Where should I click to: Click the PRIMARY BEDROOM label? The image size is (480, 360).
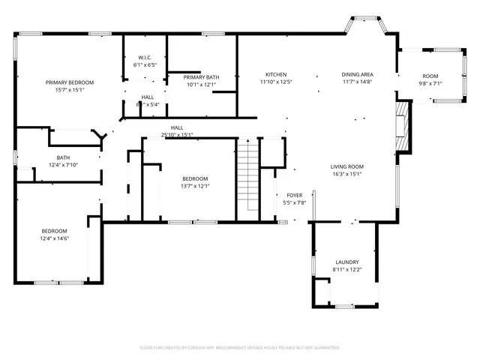(x=70, y=82)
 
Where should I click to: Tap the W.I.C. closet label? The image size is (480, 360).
(x=145, y=58)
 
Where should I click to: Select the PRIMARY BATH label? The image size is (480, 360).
(x=201, y=77)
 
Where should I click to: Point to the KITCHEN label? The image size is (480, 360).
(x=276, y=74)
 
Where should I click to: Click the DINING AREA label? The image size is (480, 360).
(x=358, y=74)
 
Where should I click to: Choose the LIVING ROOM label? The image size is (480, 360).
(x=347, y=166)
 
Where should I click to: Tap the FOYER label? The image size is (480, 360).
(x=295, y=195)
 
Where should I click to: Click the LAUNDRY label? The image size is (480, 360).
(x=347, y=262)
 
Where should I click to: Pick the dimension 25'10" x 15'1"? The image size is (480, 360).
(x=177, y=135)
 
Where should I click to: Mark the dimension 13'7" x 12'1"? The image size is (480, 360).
(x=196, y=186)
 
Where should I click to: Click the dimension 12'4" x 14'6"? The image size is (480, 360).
(x=54, y=238)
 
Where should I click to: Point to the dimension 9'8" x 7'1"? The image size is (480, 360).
(x=430, y=83)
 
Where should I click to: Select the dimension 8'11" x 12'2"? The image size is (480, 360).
(x=347, y=269)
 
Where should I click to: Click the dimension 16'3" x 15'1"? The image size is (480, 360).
(x=347, y=174)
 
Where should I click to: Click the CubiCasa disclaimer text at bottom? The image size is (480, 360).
(x=240, y=347)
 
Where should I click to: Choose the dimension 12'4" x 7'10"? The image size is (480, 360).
(x=64, y=164)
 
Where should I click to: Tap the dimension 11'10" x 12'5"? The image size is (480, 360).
(x=276, y=82)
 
